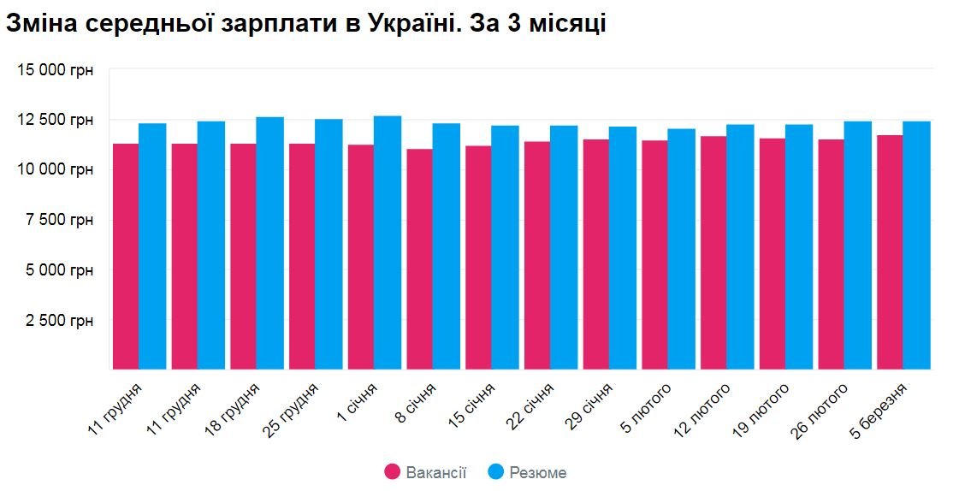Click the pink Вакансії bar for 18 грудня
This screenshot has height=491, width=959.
pos(243,257)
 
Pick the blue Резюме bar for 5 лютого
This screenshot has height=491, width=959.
pos(681,249)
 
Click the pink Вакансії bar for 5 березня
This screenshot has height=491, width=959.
pos(889,252)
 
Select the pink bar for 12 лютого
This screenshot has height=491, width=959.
pos(713,253)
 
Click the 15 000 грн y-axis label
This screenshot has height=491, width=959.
pos(56,70)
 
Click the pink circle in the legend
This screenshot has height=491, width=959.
pos(393,472)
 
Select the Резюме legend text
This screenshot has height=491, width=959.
pos(537,472)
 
